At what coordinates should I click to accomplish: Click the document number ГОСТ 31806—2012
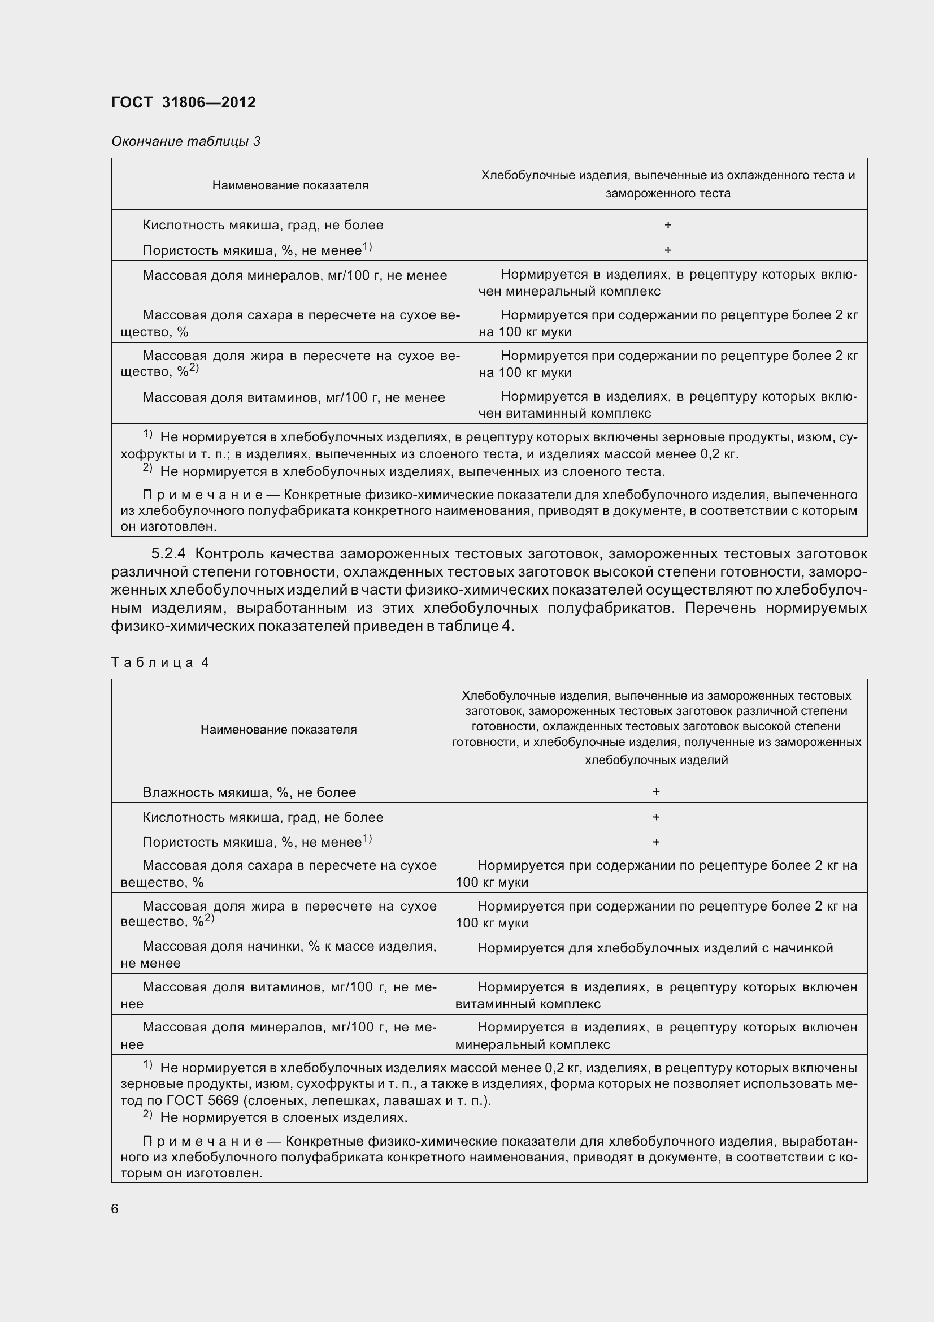pyautogui.click(x=183, y=102)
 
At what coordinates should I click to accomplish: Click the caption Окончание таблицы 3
pyautogui.click(x=185, y=141)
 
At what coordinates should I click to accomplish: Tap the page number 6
pyautogui.click(x=115, y=1208)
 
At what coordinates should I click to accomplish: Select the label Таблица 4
pyautogui.click(x=159, y=663)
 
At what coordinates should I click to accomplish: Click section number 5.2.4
pyautogui.click(x=168, y=554)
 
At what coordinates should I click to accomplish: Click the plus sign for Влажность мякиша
pyautogui.click(x=656, y=792)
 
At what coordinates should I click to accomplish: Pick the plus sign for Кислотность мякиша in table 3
pyautogui.click(x=667, y=225)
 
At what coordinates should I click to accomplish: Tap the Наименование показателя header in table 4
pyautogui.click(x=279, y=730)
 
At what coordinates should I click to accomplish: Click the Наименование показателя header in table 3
pyautogui.click(x=290, y=185)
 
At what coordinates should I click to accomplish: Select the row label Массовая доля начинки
pyautogui.click(x=279, y=955)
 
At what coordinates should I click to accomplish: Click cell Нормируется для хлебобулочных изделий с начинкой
pyautogui.click(x=655, y=948)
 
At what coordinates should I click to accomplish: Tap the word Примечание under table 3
pyautogui.click(x=203, y=495)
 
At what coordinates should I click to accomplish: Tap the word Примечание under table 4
pyautogui.click(x=203, y=1142)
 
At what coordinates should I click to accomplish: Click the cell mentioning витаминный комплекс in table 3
pyautogui.click(x=667, y=404)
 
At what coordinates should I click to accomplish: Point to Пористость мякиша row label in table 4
pyautogui.click(x=257, y=842)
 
